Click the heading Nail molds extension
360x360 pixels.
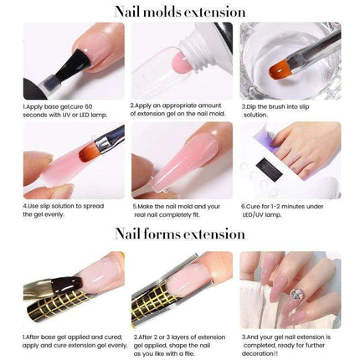point(180,12)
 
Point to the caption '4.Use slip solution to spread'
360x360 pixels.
point(62,208)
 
